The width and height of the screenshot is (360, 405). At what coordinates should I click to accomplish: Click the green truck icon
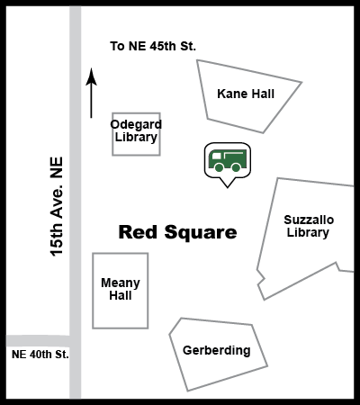[228, 160]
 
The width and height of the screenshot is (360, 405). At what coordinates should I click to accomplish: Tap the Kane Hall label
[246, 94]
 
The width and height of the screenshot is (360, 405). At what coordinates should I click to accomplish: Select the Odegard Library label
[136, 130]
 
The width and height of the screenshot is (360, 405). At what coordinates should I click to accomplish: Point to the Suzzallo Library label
[309, 226]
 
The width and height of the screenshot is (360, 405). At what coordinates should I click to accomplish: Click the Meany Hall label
[121, 289]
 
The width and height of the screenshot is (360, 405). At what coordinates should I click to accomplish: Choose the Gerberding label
[217, 350]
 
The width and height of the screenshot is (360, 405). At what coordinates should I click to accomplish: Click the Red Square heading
[178, 232]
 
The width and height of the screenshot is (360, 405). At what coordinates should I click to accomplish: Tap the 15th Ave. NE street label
[57, 207]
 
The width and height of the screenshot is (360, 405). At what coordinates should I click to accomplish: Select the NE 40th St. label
[40, 355]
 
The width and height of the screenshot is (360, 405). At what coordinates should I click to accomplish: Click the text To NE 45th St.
[153, 46]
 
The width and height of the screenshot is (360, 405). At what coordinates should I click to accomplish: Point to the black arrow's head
[91, 76]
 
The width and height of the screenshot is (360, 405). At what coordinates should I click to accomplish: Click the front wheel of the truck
[219, 167]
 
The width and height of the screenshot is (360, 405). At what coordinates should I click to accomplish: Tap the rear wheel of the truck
[236, 167]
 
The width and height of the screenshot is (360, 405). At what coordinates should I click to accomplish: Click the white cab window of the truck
[216, 156]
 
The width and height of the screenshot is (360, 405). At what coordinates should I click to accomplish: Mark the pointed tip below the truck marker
[227, 188]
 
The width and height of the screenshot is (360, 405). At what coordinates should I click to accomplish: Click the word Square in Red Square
[201, 233]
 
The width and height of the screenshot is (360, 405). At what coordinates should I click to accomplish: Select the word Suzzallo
[309, 220]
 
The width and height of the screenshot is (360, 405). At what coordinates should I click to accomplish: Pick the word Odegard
[136, 124]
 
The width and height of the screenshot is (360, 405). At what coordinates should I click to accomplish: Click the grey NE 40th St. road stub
[38, 341]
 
